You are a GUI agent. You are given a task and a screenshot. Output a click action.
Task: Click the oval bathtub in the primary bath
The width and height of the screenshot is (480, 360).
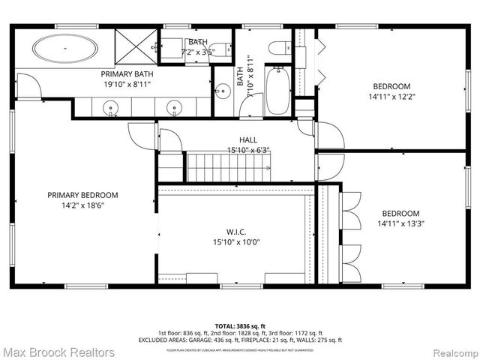(64, 49)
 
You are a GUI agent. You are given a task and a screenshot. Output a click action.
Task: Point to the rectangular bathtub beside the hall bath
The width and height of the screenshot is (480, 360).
(276, 91)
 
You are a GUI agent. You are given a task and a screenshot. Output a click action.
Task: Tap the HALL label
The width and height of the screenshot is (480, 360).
(247, 139)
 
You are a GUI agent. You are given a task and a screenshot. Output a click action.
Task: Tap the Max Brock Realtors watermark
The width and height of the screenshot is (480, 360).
(58, 352)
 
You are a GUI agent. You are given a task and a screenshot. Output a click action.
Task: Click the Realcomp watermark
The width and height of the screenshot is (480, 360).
(451, 352)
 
